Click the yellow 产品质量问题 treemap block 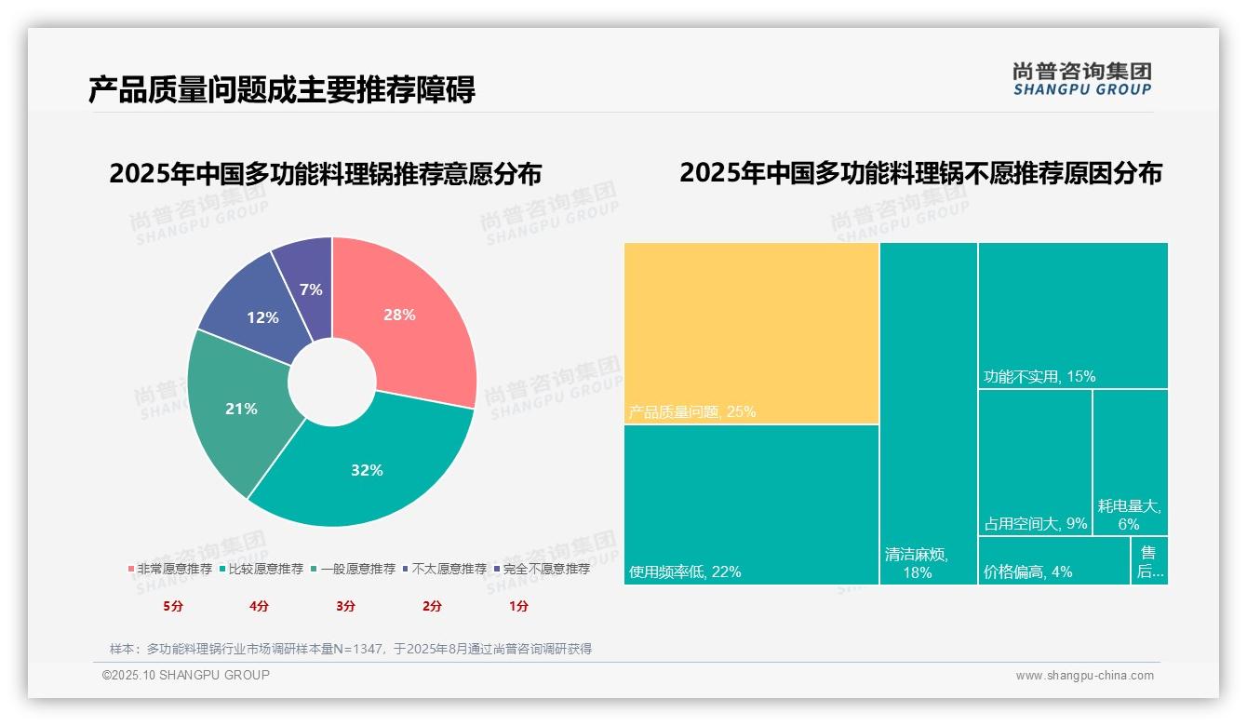point(751,332)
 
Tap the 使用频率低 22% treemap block point(751,504)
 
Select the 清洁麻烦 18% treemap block point(928,413)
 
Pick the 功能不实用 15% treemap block point(1072,315)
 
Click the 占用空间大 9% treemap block point(1034,462)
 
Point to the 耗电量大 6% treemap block point(1130,462)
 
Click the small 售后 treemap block point(1149,561)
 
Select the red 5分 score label point(173,606)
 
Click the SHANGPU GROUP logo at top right point(1081,79)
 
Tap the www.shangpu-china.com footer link point(1084,676)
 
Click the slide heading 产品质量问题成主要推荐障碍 point(282,89)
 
